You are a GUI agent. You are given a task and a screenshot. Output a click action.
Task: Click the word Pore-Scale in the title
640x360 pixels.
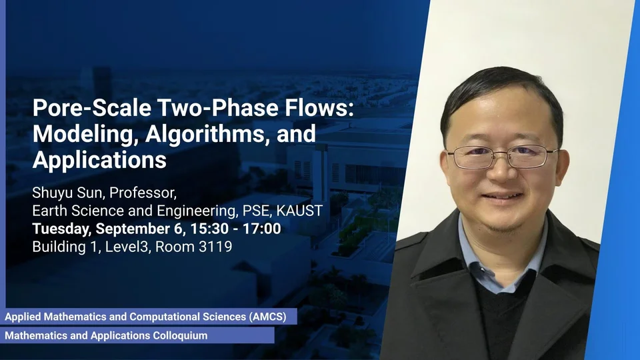tap(91, 108)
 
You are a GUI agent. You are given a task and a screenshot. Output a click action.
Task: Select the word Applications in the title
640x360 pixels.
tap(99, 159)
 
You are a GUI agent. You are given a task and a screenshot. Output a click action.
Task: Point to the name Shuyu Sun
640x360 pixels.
tap(69, 193)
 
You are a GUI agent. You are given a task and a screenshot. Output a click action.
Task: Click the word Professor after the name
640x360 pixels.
tap(143, 193)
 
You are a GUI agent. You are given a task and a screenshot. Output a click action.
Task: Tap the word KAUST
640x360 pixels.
tap(299, 211)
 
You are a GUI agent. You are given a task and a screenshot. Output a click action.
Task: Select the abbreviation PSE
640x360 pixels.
tap(257, 211)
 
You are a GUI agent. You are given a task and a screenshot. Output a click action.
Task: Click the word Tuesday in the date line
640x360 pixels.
tap(61, 229)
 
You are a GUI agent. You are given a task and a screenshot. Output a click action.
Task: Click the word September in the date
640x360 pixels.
tap(135, 229)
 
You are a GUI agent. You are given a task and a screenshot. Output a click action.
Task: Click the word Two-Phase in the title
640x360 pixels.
tap(219, 108)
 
